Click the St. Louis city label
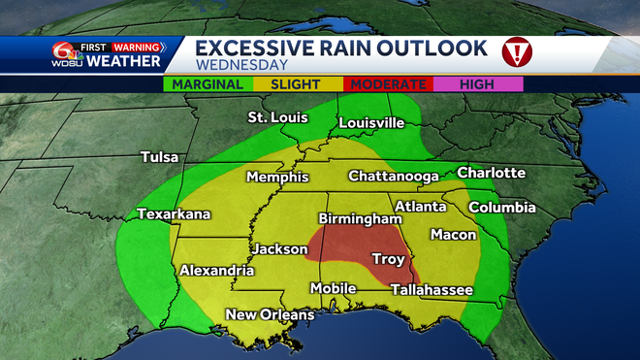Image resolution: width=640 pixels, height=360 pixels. pyautogui.click(x=277, y=117)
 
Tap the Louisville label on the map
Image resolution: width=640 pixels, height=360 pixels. pyautogui.click(x=370, y=123)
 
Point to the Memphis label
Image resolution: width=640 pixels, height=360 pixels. pyautogui.click(x=277, y=177)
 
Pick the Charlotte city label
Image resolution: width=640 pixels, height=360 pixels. pyautogui.click(x=491, y=173)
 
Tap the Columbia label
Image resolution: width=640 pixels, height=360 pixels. pyautogui.click(x=501, y=207)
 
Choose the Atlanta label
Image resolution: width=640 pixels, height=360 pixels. pyautogui.click(x=419, y=206)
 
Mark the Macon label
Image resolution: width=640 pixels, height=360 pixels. pyautogui.click(x=454, y=234)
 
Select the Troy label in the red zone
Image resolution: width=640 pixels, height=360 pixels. pyautogui.click(x=390, y=258)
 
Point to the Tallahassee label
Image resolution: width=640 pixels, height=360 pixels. pyautogui.click(x=432, y=289)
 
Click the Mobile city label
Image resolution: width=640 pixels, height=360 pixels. pyautogui.click(x=333, y=288)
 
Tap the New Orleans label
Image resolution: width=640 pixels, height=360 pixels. pyautogui.click(x=270, y=314)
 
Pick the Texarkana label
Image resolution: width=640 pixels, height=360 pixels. pyautogui.click(x=174, y=213)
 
